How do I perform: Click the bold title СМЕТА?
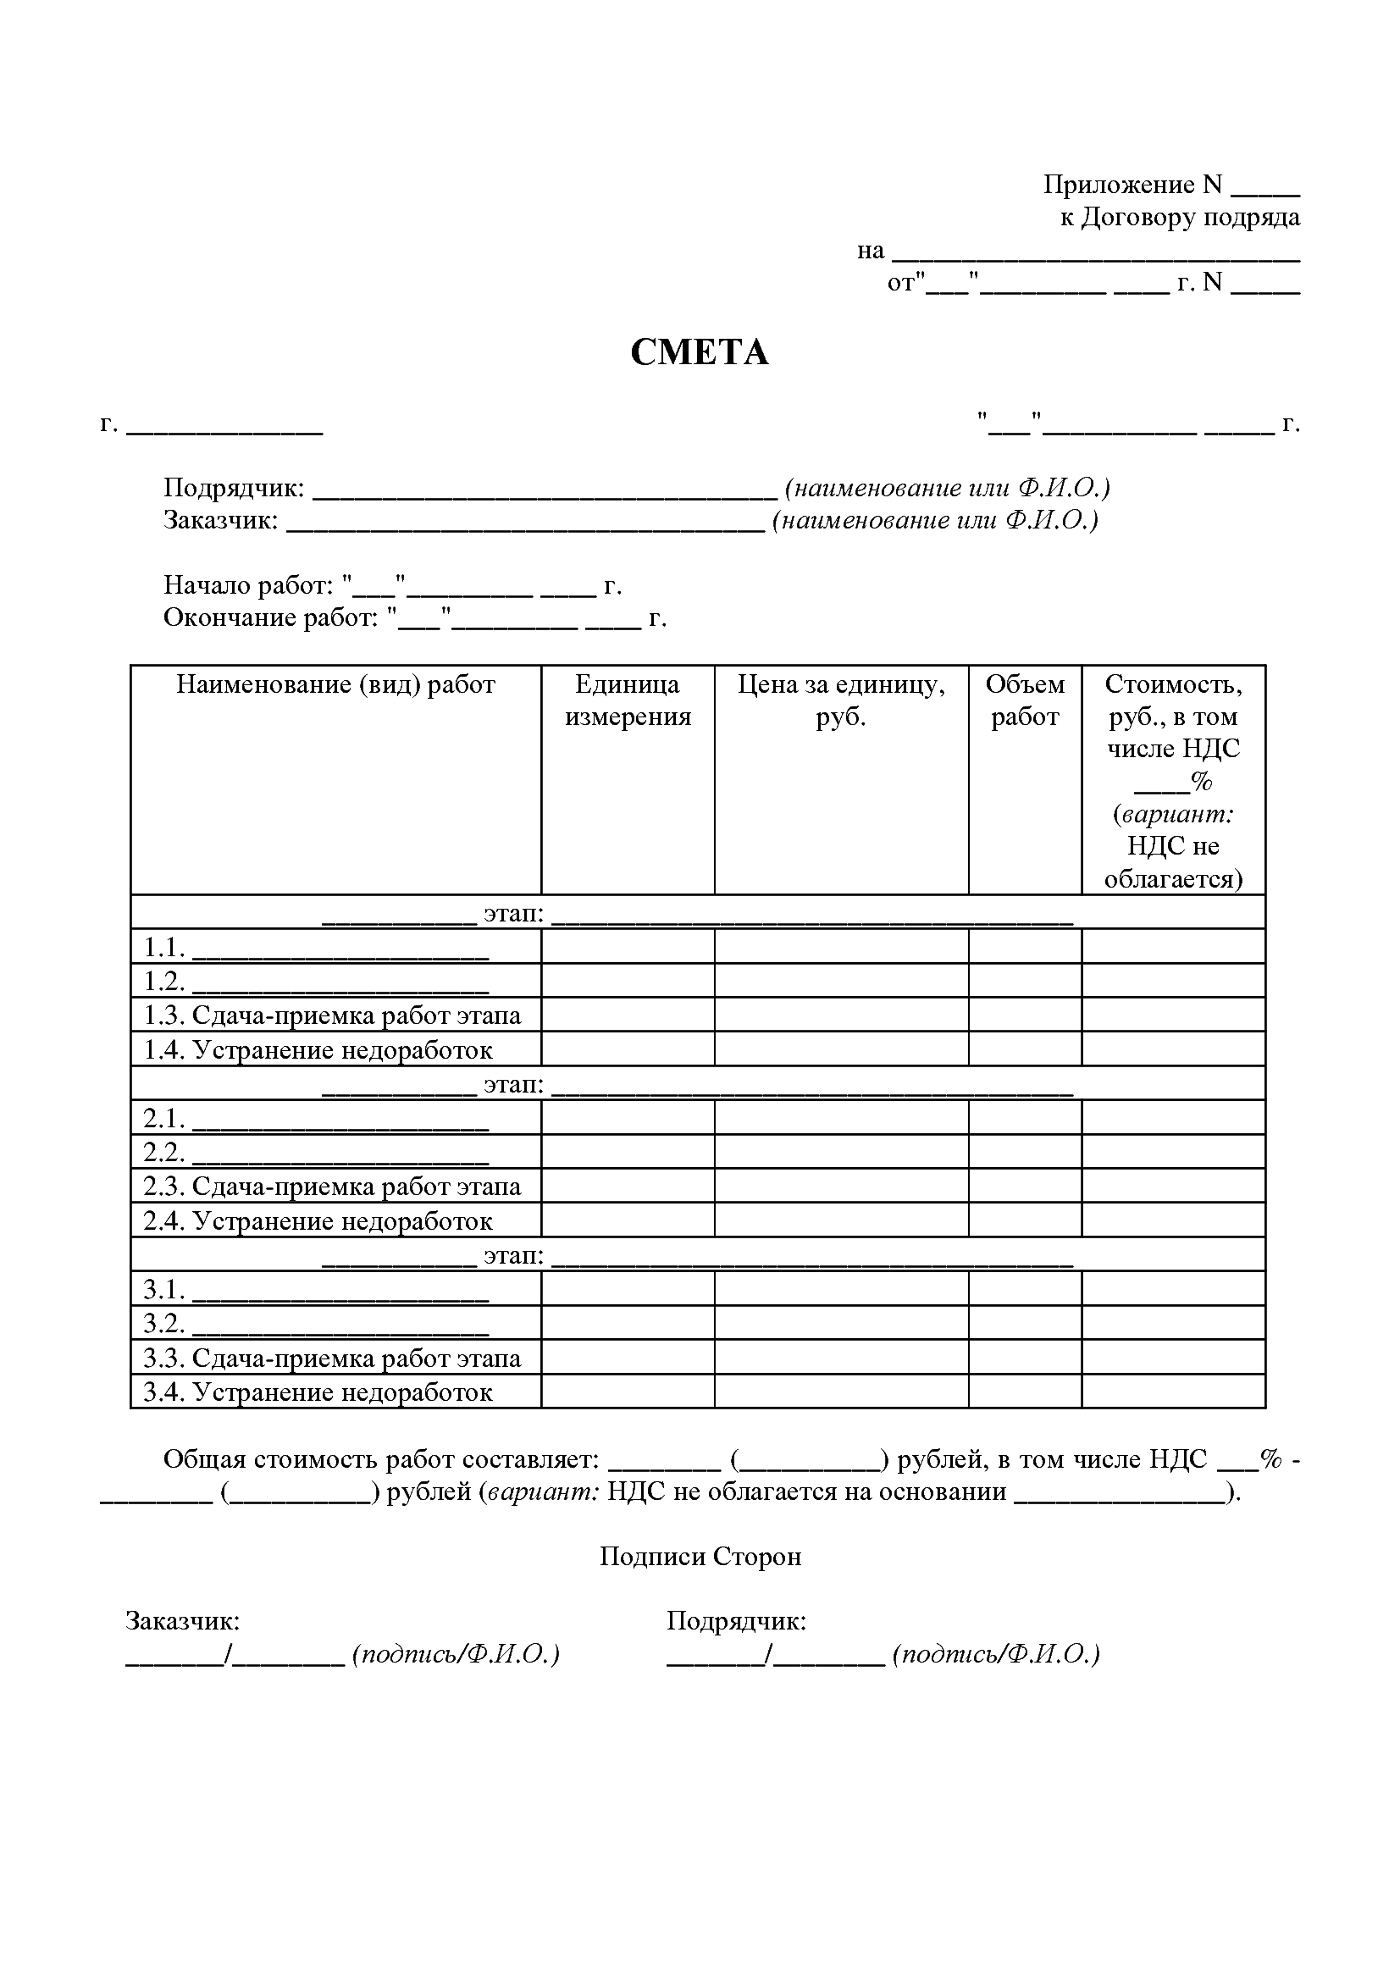(699, 353)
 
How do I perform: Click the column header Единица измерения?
(627, 700)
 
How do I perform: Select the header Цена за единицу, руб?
(841, 700)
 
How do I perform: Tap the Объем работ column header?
(1025, 700)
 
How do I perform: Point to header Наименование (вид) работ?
(335, 685)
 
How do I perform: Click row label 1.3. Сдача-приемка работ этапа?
(332, 1015)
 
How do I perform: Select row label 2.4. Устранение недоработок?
(318, 1221)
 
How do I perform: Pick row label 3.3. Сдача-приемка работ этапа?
(332, 1358)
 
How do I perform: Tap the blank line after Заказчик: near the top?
(525, 524)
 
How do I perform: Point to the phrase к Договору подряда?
(1180, 219)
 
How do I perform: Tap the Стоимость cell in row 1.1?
(1173, 947)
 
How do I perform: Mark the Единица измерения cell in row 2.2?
(627, 1152)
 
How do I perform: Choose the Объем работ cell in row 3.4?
(1025, 1392)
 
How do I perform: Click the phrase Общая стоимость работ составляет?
(380, 1460)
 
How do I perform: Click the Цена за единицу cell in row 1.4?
(841, 1049)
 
